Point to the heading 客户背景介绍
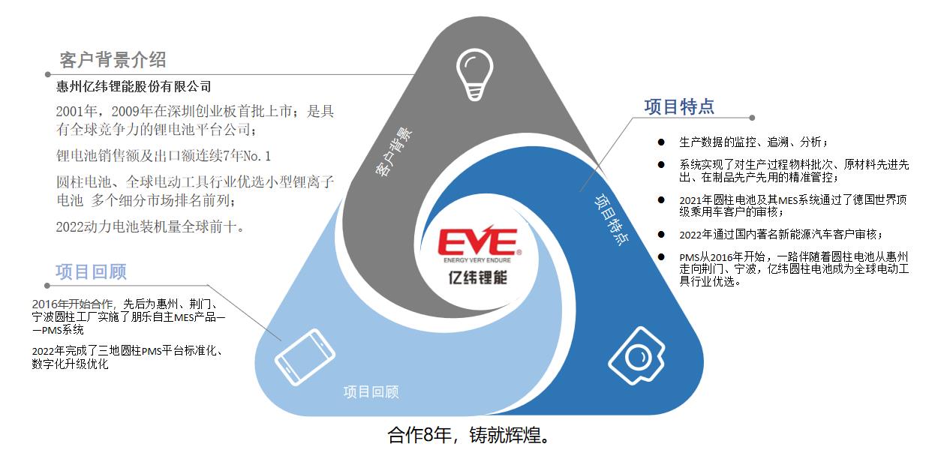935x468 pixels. pyautogui.click(x=113, y=60)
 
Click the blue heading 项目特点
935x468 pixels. pyautogui.click(x=679, y=106)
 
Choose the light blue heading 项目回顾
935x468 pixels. pyautogui.click(x=91, y=271)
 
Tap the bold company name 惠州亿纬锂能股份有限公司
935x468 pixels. pyautogui.click(x=134, y=86)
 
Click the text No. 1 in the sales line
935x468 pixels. pyautogui.click(x=257, y=156)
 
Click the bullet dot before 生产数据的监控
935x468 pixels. pyautogui.click(x=661, y=141)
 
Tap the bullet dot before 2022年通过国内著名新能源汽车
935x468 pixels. pyautogui.click(x=661, y=234)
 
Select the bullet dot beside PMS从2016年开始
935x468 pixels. pyautogui.click(x=661, y=256)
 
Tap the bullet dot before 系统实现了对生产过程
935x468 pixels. pyautogui.click(x=661, y=164)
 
